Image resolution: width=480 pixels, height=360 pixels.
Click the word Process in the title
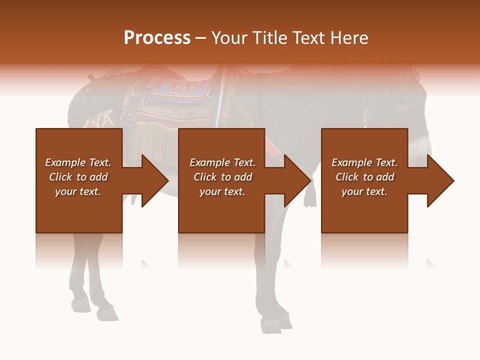coord(157,38)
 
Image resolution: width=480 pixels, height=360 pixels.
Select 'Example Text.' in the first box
coord(78,162)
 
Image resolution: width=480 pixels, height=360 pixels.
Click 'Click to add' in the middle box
coord(222,177)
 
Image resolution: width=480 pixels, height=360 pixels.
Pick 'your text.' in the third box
coord(364,191)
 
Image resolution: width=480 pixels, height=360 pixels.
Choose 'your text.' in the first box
coord(78,191)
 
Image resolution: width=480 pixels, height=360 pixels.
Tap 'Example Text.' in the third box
coord(364,162)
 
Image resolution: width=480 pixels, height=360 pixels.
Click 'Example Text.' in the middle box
coord(222,162)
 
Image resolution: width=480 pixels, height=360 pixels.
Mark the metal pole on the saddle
coord(220,97)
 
